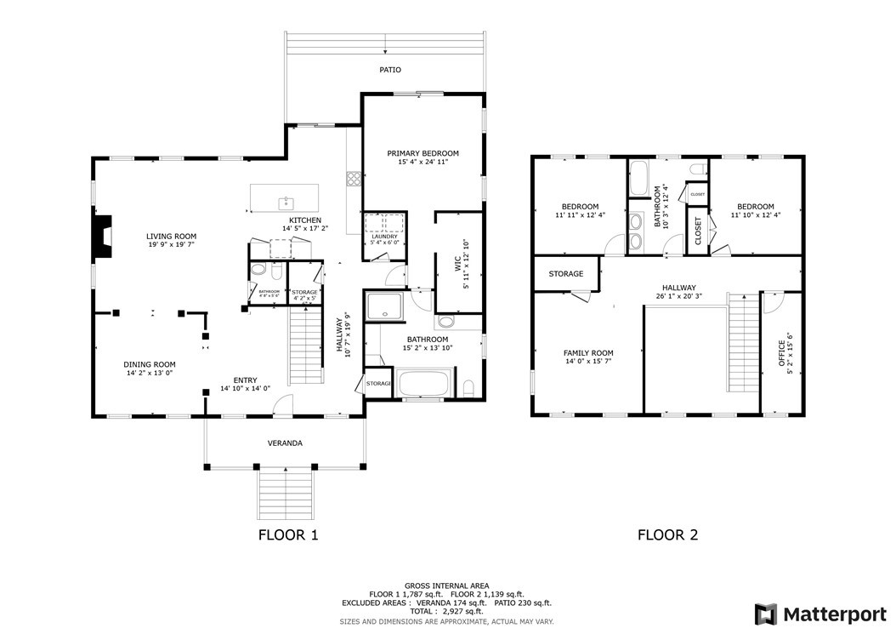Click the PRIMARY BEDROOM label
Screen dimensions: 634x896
click(x=422, y=153)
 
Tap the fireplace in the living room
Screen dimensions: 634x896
click(x=103, y=236)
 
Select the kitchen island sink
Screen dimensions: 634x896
click(x=286, y=203)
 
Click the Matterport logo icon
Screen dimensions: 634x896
click(x=766, y=614)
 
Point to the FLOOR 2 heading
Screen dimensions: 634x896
click(x=667, y=535)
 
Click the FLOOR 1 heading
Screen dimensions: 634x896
click(x=287, y=535)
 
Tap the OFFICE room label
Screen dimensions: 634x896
click(x=782, y=353)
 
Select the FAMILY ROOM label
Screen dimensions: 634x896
click(x=588, y=353)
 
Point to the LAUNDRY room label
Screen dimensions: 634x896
click(x=384, y=237)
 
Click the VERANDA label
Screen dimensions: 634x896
click(x=286, y=443)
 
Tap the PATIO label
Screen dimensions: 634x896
click(x=389, y=70)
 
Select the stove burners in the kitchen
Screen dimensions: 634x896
click(x=352, y=179)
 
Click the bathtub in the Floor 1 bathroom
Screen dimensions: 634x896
click(x=425, y=383)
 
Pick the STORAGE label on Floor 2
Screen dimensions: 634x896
click(x=565, y=274)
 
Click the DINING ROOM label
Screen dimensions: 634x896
click(x=150, y=364)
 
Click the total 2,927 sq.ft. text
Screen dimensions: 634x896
click(x=447, y=611)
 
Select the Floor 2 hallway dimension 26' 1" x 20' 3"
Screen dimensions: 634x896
click(x=678, y=297)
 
